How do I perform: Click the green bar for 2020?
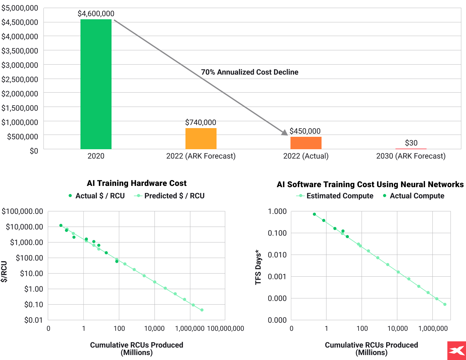coord(96,84)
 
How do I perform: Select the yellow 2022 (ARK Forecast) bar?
coord(201,139)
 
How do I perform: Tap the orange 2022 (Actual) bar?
coord(306,143)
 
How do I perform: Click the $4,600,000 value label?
coord(96,14)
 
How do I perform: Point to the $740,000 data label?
coord(201,122)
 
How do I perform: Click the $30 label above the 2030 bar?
coord(411,143)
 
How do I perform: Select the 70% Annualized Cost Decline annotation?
coord(249,72)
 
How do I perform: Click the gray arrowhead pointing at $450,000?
coord(284,133)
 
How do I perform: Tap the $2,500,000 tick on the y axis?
coord(20,79)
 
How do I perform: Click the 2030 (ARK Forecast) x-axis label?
coord(411,156)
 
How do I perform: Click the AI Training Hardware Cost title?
coord(137,183)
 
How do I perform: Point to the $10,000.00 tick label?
coord(24,227)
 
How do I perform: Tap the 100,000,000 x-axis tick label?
coord(226,329)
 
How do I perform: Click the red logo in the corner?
coord(456,351)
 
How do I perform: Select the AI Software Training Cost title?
coord(370,184)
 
